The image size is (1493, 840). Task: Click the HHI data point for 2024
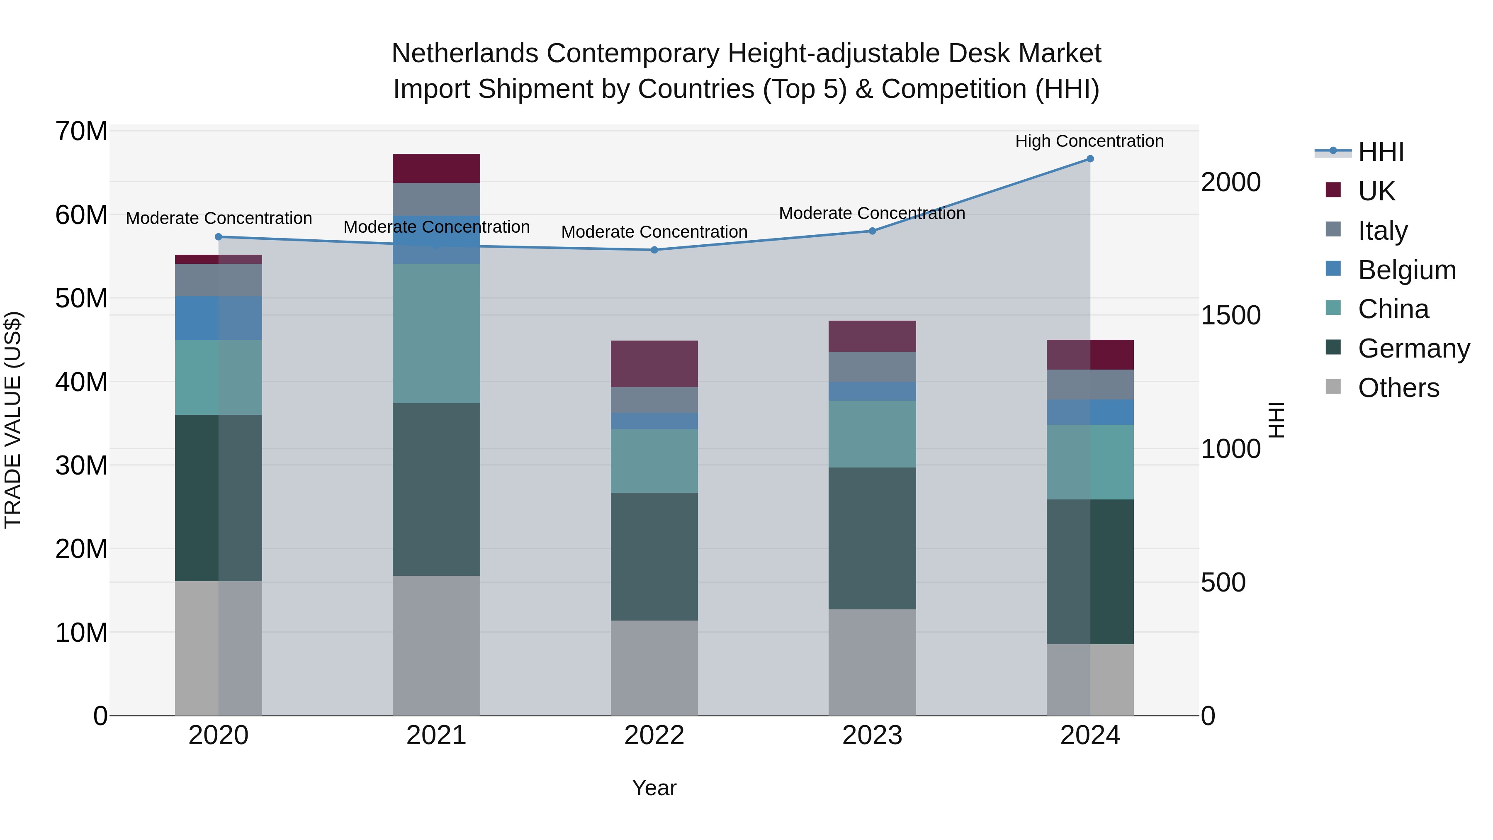[x=1089, y=159]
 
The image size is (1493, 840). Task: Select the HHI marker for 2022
[x=654, y=250]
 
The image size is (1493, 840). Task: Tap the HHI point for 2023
[x=872, y=231]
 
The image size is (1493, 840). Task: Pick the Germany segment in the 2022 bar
[x=654, y=557]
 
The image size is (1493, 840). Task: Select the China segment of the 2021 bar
[x=436, y=334]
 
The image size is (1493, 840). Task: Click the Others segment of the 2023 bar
[x=872, y=662]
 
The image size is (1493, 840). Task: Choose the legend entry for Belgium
[x=1407, y=270]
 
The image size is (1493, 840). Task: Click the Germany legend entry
[x=1414, y=348]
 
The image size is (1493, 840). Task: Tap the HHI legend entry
[x=1381, y=152]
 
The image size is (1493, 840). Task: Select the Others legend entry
[x=1398, y=388]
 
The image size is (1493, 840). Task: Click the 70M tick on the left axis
[x=81, y=131]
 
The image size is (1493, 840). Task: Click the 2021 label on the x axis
[x=436, y=735]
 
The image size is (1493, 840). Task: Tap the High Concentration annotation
[x=1089, y=141]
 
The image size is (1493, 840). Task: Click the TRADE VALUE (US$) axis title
[x=13, y=420]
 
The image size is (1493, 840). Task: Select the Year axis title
[x=654, y=788]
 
